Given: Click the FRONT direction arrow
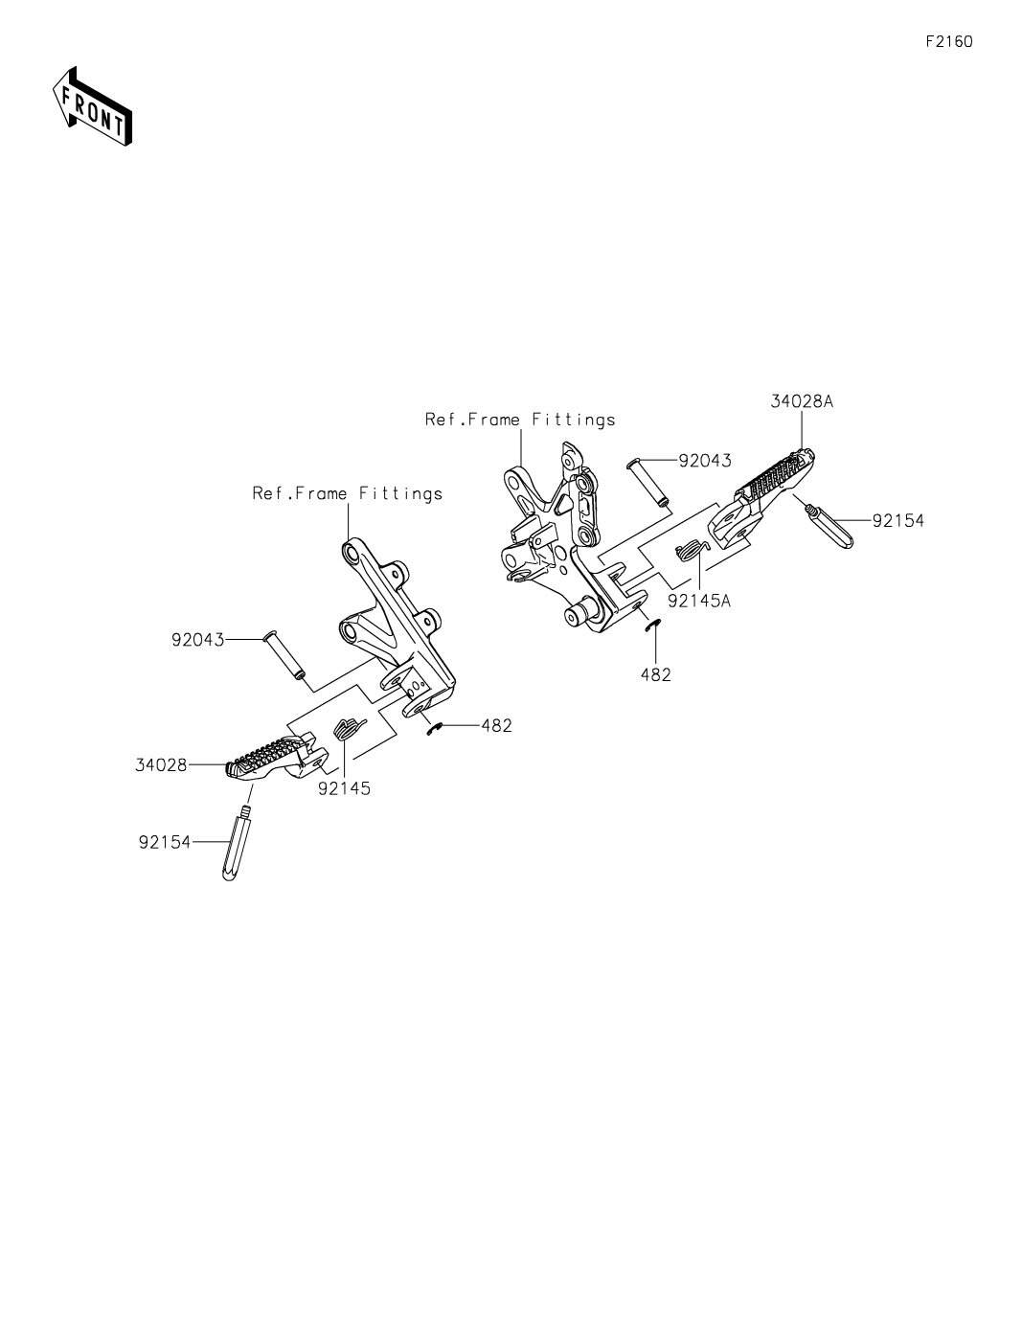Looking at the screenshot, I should tap(91, 105).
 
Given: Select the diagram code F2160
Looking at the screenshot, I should tap(948, 42).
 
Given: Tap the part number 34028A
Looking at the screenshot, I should tap(801, 402).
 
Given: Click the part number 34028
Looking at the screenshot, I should tap(160, 764).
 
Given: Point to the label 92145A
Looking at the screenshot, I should tap(699, 601).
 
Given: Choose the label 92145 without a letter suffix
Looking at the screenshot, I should tap(344, 788).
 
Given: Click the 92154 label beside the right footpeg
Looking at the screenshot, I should tap(897, 521).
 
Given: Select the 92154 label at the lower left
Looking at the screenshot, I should tap(164, 842).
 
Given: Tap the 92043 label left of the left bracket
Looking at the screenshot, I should tap(197, 639).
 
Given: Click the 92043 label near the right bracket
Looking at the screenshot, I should tap(704, 461).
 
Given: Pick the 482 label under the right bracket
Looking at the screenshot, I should tap(656, 674).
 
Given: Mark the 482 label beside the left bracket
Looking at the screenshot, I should tap(496, 725).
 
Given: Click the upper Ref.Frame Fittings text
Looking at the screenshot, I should tap(520, 420).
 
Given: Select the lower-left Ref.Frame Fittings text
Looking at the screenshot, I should tap(347, 493).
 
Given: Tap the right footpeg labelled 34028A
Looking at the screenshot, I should tap(772, 488).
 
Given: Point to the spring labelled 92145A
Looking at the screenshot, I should tap(691, 553).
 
